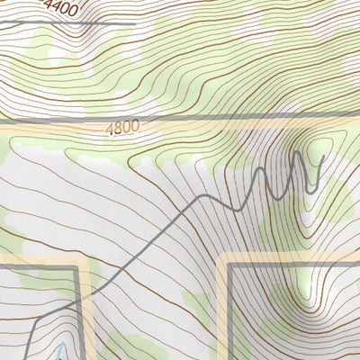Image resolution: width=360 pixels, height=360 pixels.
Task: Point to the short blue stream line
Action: click(x=58, y=351)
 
